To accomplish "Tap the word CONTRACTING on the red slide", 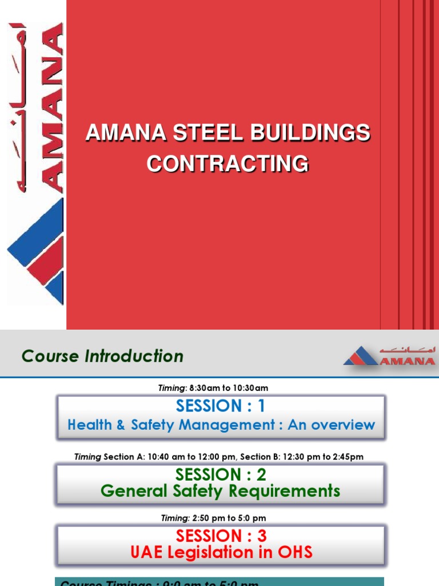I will pyautogui.click(x=228, y=164).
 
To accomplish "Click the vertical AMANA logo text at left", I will pyautogui.click(x=51, y=109).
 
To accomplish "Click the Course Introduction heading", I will pyautogui.click(x=102, y=356).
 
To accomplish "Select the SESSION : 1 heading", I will pyautogui.click(x=221, y=406).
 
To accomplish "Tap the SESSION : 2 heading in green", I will pyautogui.click(x=221, y=474).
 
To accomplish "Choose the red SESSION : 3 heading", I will pyautogui.click(x=221, y=536).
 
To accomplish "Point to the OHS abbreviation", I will pyautogui.click(x=293, y=552).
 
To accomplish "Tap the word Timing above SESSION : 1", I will pyautogui.click(x=171, y=388).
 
